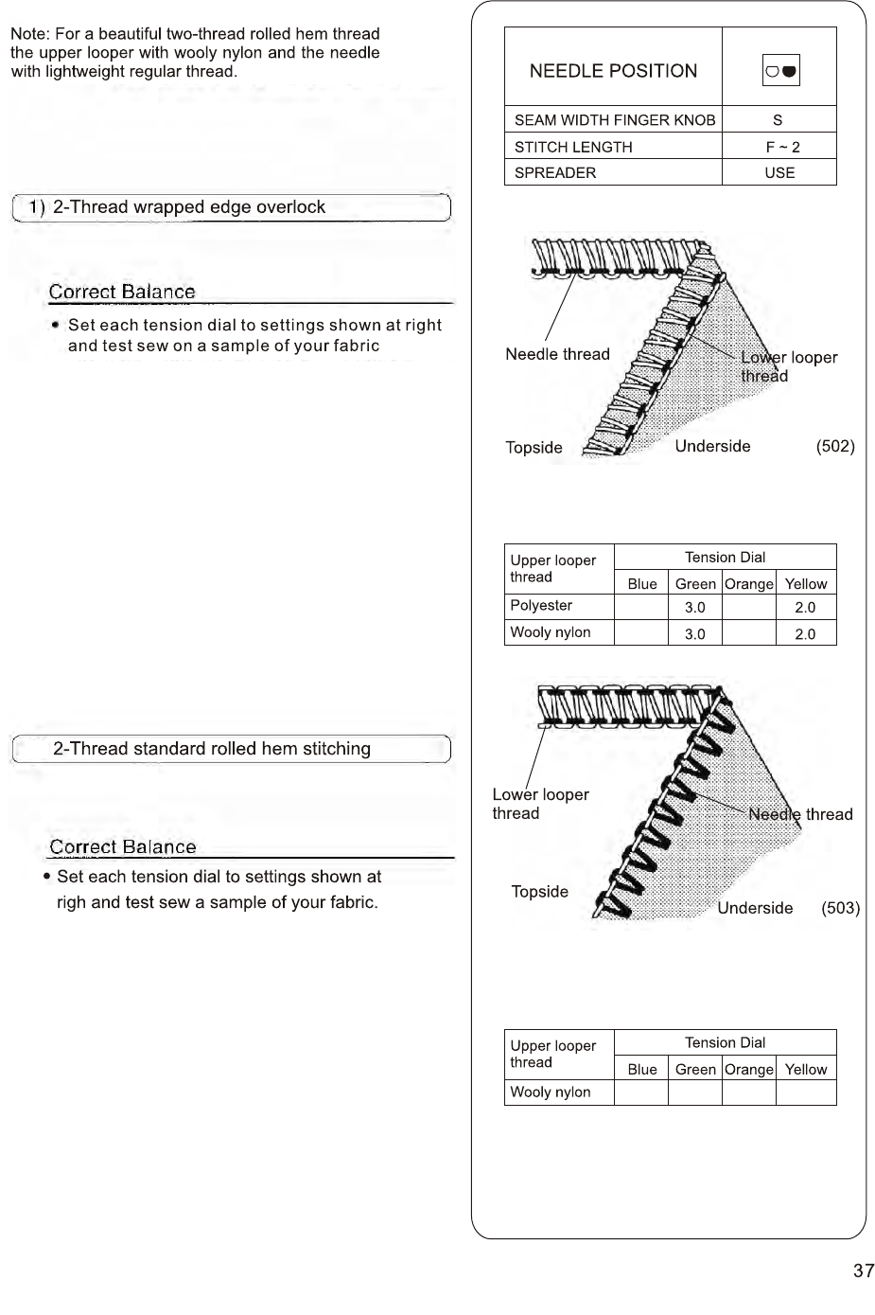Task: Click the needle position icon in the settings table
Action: (780, 71)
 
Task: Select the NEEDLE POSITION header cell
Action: (613, 71)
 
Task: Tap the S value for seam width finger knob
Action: (778, 120)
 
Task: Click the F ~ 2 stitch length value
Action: (782, 147)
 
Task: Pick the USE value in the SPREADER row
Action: (779, 172)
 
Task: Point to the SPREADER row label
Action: (555, 172)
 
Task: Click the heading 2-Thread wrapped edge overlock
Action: (188, 207)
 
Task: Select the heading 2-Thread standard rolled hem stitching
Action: (211, 749)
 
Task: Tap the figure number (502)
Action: (835, 447)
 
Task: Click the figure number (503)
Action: (840, 908)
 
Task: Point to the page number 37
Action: (863, 1271)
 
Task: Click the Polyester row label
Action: (541, 606)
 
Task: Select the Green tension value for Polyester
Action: (694, 608)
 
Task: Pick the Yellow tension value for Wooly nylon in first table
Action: (805, 634)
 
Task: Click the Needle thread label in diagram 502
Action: (557, 354)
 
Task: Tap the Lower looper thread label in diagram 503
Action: (540, 804)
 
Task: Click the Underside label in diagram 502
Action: (712, 447)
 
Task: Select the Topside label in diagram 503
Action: (539, 892)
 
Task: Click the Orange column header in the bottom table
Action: (748, 1070)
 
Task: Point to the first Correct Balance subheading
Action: (122, 292)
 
